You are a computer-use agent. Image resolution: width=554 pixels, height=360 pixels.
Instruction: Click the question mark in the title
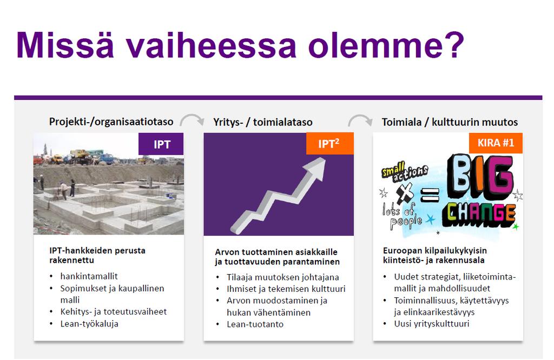(453, 45)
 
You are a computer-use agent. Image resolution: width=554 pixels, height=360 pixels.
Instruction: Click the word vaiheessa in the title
(212, 45)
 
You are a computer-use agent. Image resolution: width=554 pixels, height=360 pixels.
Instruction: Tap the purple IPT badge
(161, 144)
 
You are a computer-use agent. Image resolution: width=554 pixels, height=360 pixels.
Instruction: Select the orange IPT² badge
(329, 143)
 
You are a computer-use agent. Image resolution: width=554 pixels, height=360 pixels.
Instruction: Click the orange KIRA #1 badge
(496, 143)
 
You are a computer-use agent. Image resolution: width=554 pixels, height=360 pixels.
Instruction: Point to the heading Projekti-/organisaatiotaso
(111, 122)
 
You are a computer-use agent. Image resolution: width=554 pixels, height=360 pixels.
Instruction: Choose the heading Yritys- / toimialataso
(263, 122)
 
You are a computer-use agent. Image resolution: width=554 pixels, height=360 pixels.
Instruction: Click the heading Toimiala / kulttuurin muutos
(450, 122)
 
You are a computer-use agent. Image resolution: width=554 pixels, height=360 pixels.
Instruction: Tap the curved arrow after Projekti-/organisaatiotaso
(192, 118)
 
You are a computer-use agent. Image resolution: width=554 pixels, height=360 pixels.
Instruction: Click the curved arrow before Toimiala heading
(360, 118)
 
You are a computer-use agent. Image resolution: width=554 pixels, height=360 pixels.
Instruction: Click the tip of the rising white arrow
(324, 158)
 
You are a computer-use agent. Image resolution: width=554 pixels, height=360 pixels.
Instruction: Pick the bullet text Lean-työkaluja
(89, 324)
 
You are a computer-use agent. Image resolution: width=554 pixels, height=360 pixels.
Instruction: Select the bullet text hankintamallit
(89, 276)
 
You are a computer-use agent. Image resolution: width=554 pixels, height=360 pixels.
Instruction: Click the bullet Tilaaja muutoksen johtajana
(282, 277)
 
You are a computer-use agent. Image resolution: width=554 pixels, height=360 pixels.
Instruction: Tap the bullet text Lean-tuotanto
(255, 324)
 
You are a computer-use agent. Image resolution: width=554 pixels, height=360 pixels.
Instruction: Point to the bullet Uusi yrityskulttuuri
(432, 324)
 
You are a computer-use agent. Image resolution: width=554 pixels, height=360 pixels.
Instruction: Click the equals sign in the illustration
(430, 195)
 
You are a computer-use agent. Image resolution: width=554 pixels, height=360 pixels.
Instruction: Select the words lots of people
(402, 216)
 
